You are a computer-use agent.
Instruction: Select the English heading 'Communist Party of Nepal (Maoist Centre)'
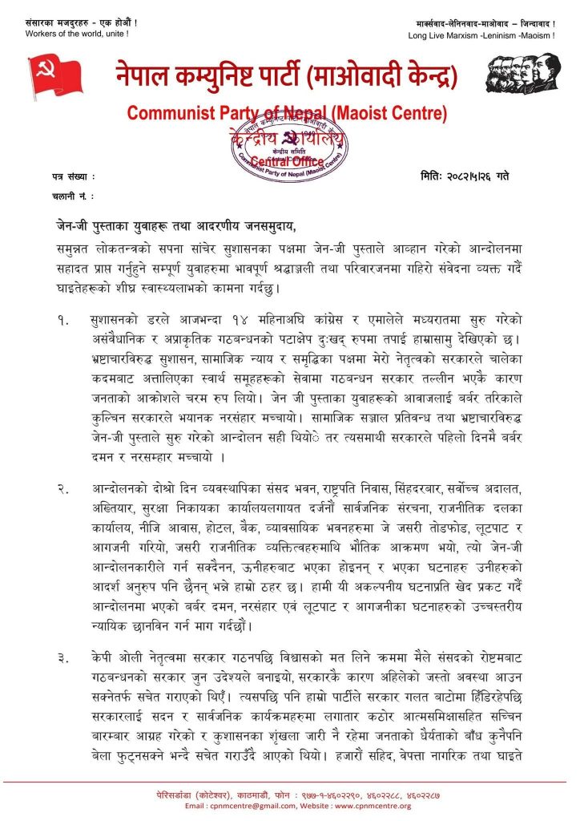click(x=290, y=112)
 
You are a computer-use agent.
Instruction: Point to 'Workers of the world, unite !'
click(x=76, y=34)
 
